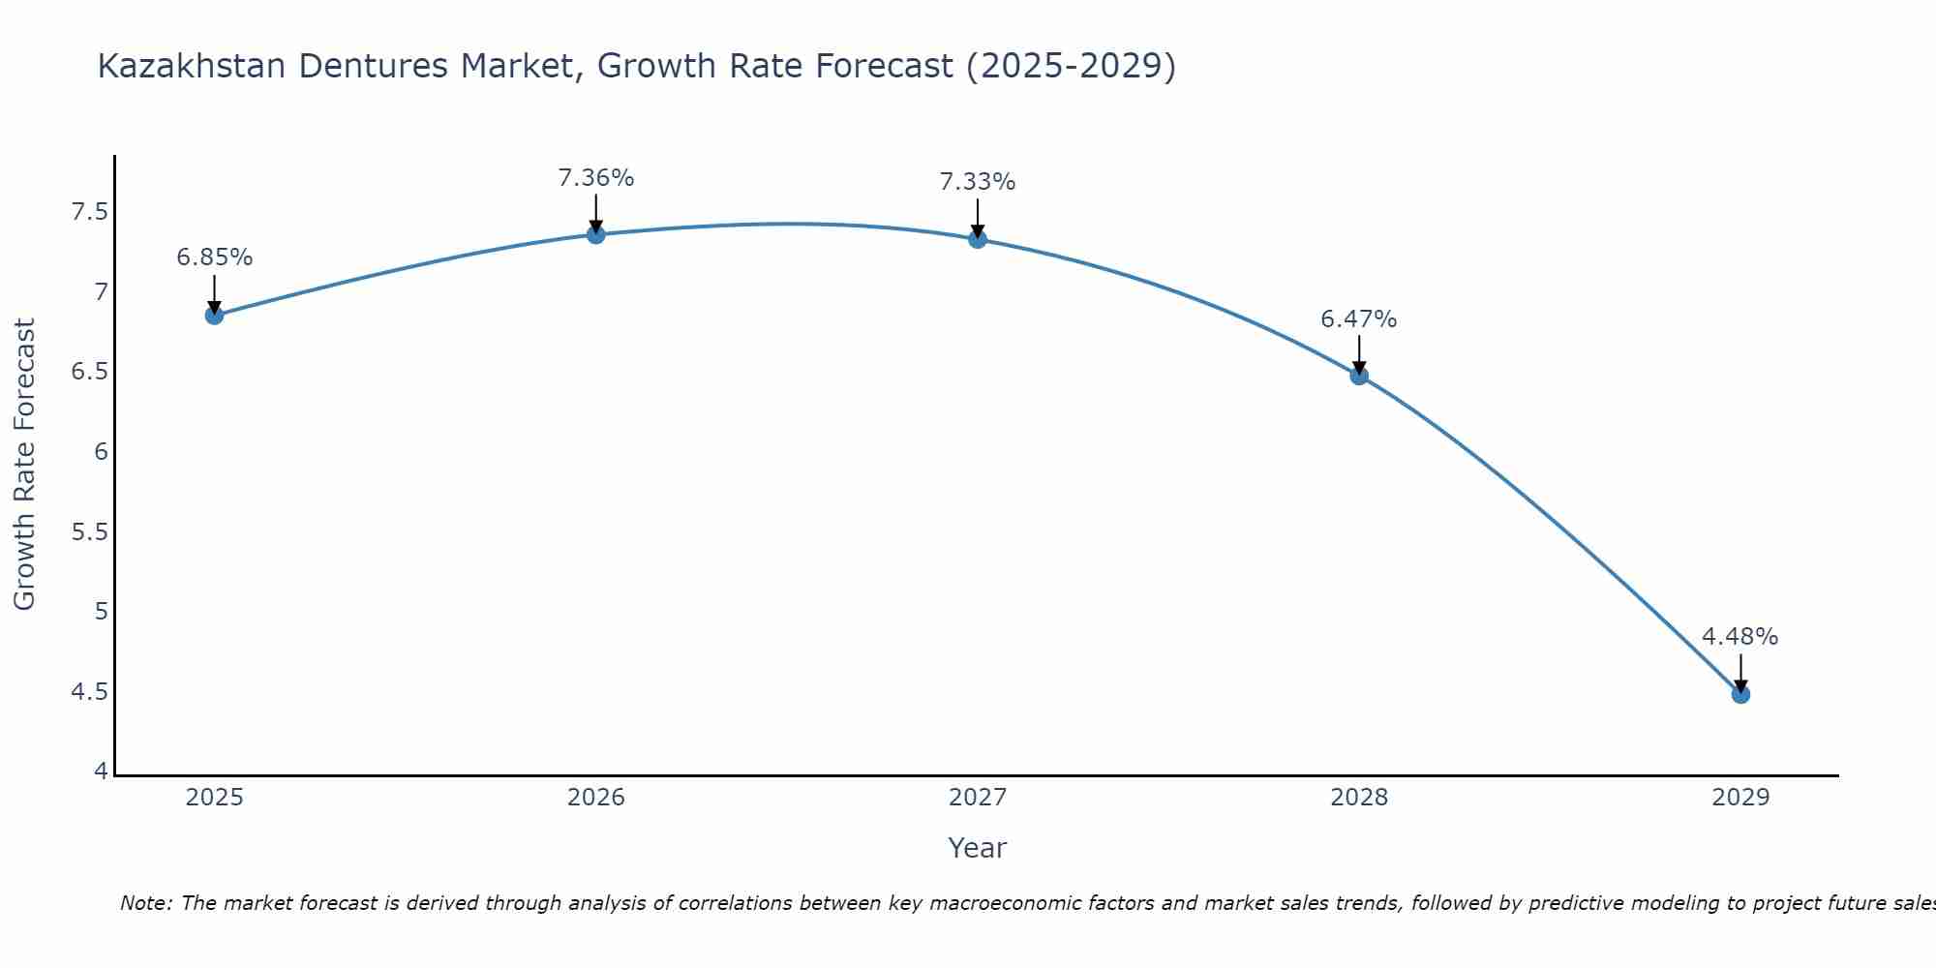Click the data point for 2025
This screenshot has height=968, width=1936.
click(x=215, y=316)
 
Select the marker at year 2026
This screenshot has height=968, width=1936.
click(x=596, y=234)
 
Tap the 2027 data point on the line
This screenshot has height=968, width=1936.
click(x=978, y=239)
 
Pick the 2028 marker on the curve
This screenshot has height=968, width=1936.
click(x=1359, y=376)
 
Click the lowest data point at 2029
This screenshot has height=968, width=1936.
click(x=1740, y=694)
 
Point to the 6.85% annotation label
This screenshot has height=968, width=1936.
click(x=215, y=257)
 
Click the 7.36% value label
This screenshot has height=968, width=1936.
click(x=596, y=178)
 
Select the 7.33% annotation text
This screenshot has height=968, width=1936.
click(x=978, y=182)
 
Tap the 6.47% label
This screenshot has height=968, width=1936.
click(x=1359, y=319)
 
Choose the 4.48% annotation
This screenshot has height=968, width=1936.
click(x=1740, y=637)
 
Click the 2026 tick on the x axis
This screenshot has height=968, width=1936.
click(x=596, y=798)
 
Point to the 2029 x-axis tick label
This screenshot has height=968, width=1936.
click(x=1740, y=798)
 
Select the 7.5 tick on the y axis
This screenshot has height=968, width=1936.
click(x=89, y=212)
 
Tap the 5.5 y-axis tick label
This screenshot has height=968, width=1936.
click(x=89, y=532)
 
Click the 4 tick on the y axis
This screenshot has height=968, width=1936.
click(x=101, y=771)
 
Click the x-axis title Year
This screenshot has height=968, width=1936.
click(x=978, y=848)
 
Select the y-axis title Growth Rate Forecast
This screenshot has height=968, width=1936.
click(x=25, y=465)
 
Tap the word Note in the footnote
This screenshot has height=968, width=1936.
click(x=145, y=903)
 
